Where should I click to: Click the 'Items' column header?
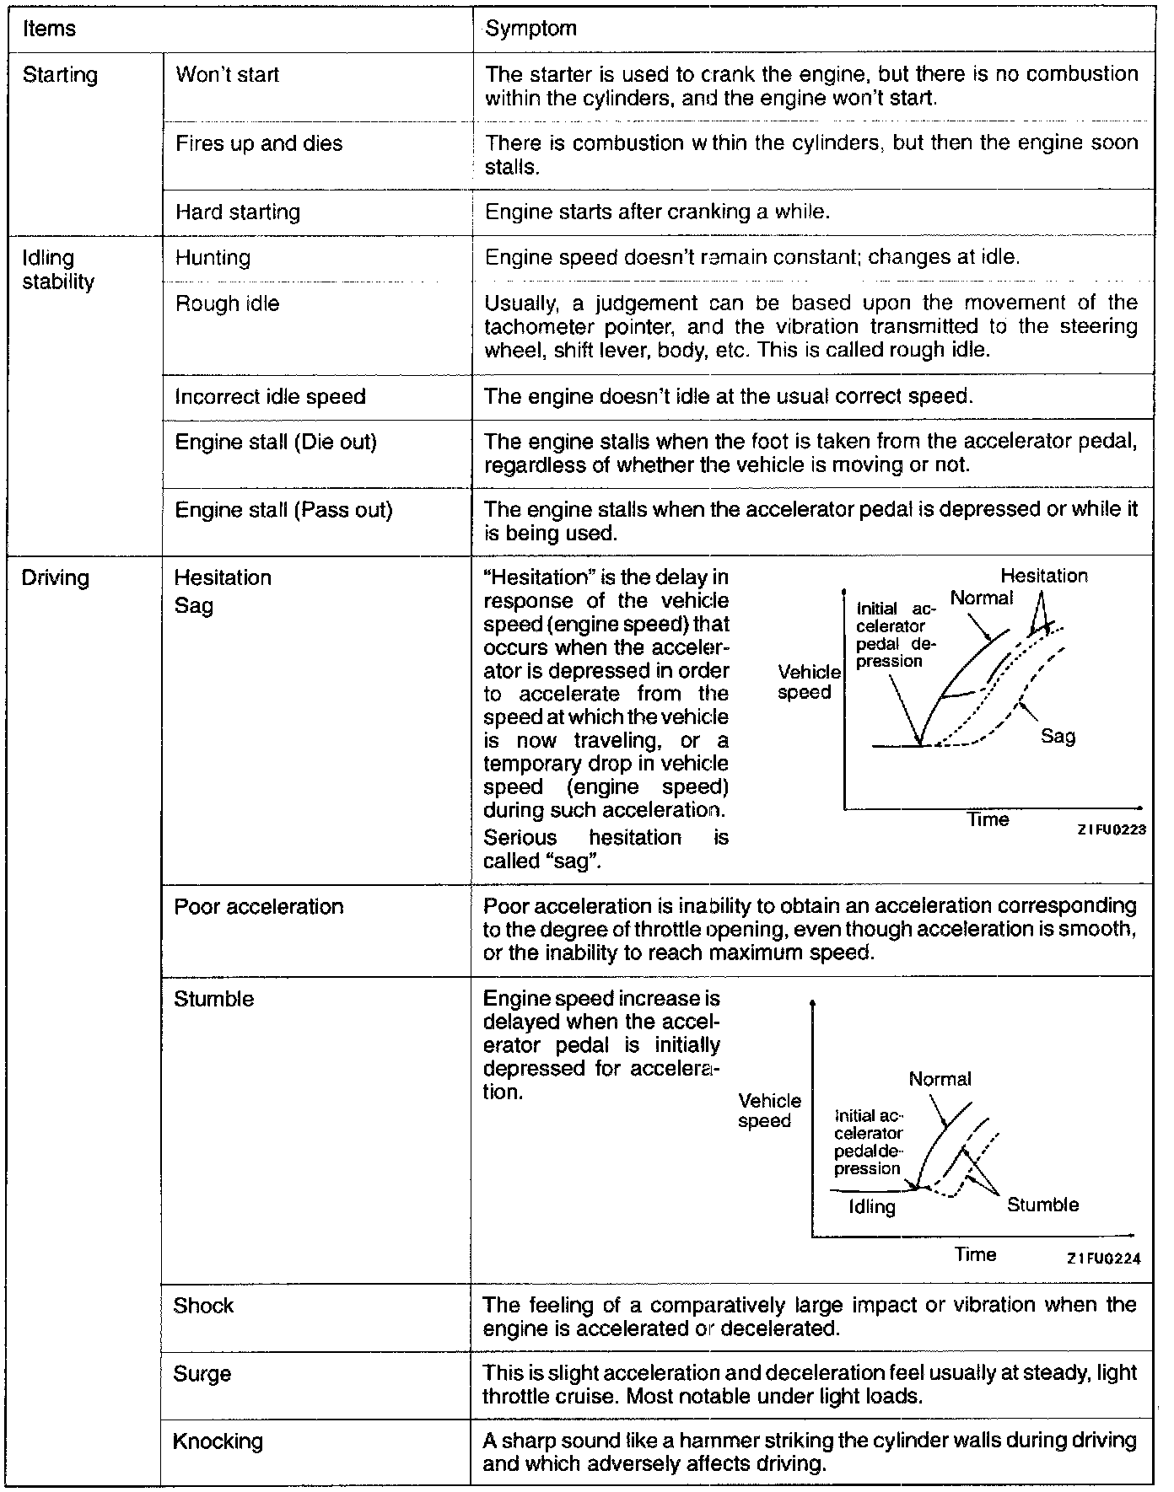pyautogui.click(x=49, y=29)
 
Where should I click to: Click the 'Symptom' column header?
pyautogui.click(x=531, y=29)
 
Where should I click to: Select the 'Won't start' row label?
pyautogui.click(x=227, y=75)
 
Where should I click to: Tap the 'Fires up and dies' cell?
pyautogui.click(x=259, y=143)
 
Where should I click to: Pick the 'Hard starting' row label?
pyautogui.click(x=237, y=212)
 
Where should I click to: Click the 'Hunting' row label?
pyautogui.click(x=213, y=257)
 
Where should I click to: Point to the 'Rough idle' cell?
pyautogui.click(x=227, y=303)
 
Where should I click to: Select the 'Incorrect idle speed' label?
pyautogui.click(x=270, y=396)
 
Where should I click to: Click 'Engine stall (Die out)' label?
pyautogui.click(x=275, y=442)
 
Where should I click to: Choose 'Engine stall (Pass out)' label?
pyautogui.click(x=283, y=510)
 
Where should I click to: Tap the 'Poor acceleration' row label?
pyautogui.click(x=258, y=906)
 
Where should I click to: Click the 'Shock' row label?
pyautogui.click(x=203, y=1306)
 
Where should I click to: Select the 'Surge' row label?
pyautogui.click(x=202, y=1374)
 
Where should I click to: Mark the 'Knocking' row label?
pyautogui.click(x=218, y=1441)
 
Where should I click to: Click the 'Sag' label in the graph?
pyautogui.click(x=1058, y=736)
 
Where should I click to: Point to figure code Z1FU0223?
pyautogui.click(x=1111, y=829)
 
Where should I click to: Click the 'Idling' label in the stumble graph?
pyautogui.click(x=871, y=1207)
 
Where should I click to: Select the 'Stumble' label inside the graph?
pyautogui.click(x=1042, y=1205)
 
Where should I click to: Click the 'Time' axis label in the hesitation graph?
pyautogui.click(x=988, y=819)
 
